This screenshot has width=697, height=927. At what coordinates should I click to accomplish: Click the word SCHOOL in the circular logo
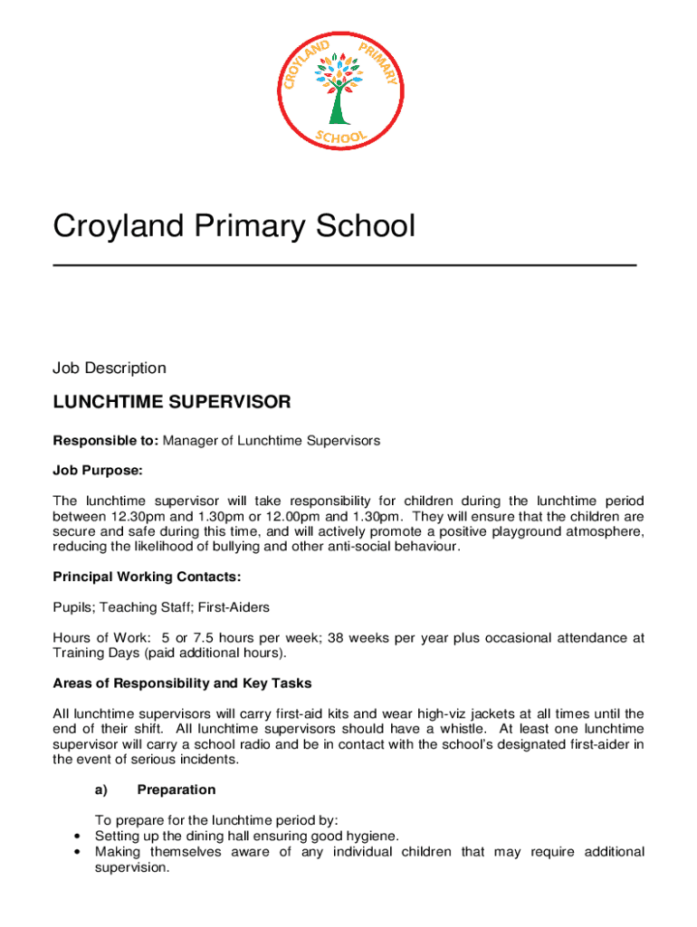340,137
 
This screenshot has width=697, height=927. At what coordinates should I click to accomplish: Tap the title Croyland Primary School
234,225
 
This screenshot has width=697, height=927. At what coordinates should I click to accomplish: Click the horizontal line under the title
345,264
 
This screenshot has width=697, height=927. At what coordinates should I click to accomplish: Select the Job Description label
110,368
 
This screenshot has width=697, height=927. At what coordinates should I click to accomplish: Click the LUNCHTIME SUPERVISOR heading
171,401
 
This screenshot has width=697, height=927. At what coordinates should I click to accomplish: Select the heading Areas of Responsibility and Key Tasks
182,683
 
